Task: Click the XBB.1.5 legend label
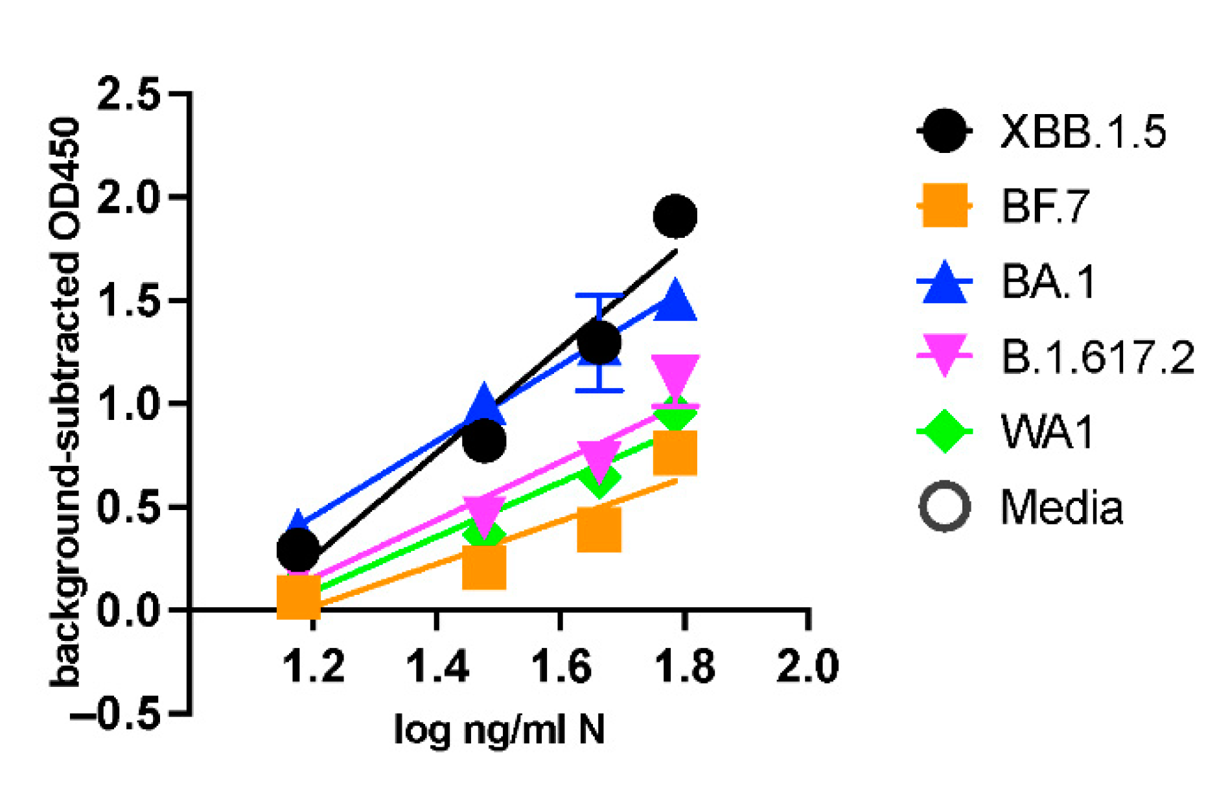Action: click(1083, 132)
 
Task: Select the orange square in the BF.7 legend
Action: click(945, 206)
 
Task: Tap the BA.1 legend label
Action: click(1048, 282)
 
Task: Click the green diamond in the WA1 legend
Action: click(945, 431)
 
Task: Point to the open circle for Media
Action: click(945, 507)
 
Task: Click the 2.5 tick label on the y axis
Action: click(128, 94)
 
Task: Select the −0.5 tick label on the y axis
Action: click(115, 714)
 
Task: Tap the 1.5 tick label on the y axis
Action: click(128, 300)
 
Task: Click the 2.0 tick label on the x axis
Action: click(807, 666)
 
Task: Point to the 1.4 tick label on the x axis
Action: click(437, 666)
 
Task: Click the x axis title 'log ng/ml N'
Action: click(500, 730)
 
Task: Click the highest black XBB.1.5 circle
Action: click(675, 216)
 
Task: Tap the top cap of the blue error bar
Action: click(600, 296)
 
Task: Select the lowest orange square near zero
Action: click(298, 596)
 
